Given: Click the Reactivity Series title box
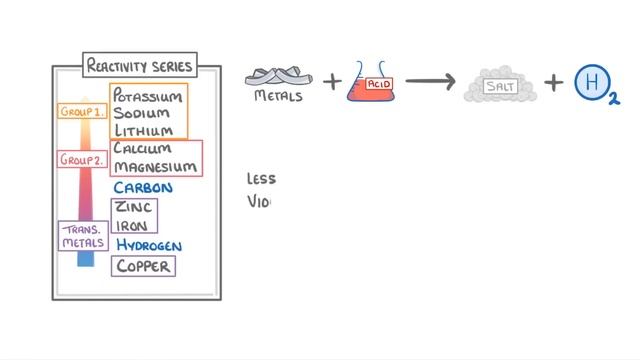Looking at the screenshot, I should pyautogui.click(x=139, y=67).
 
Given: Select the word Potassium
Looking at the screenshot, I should pyautogui.click(x=147, y=97).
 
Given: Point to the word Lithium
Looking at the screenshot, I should pyautogui.click(x=141, y=131).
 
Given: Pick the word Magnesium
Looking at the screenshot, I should pyautogui.click(x=155, y=166).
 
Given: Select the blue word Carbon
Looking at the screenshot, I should pyautogui.click(x=143, y=187).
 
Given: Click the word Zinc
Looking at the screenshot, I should pyautogui.click(x=133, y=207).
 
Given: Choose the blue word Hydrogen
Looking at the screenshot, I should pyautogui.click(x=149, y=245).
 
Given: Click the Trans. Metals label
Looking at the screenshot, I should pyautogui.click(x=83, y=235).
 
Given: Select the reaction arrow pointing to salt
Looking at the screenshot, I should pyautogui.click(x=430, y=82).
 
